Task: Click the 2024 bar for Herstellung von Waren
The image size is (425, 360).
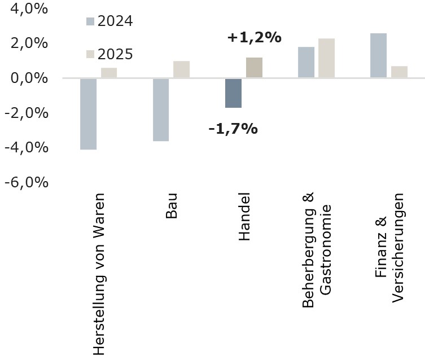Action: [88, 113]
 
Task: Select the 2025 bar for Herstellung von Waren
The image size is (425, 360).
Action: [109, 73]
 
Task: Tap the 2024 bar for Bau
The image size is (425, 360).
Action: [161, 109]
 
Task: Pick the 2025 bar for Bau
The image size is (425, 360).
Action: [181, 69]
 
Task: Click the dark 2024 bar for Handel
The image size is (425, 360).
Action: [233, 93]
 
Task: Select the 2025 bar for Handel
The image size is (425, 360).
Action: [254, 68]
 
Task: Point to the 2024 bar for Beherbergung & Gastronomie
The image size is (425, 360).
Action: [306, 62]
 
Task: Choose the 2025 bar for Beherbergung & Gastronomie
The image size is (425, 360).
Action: [326, 58]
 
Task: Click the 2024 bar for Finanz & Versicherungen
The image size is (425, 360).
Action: [378, 55]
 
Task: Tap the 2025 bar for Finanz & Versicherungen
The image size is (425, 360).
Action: [399, 72]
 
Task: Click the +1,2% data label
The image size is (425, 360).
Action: [254, 38]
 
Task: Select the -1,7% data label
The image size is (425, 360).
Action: [233, 129]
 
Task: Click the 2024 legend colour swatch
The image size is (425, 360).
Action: [90, 22]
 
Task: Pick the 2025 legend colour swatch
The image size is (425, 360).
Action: [90, 54]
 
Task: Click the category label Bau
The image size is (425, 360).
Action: [173, 206]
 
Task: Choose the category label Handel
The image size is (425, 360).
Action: [245, 217]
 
